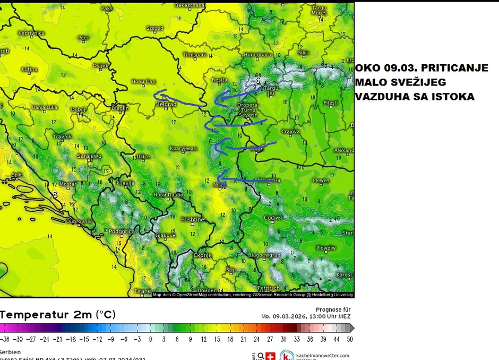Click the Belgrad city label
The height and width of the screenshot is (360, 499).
(166, 105)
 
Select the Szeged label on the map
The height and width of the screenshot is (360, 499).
(154, 28)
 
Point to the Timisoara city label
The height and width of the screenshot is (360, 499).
(194, 55)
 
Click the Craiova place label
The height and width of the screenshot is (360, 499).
(290, 131)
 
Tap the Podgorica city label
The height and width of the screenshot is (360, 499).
(122, 232)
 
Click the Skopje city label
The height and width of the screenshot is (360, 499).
(202, 255)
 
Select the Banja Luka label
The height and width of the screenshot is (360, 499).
(45, 108)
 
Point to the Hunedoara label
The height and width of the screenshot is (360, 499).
(257, 55)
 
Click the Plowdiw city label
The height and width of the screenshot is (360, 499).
(325, 248)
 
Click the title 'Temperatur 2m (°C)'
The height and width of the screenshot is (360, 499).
(58, 314)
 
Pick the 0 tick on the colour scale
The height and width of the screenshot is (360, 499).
(150, 339)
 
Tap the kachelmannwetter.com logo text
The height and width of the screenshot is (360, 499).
(323, 355)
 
